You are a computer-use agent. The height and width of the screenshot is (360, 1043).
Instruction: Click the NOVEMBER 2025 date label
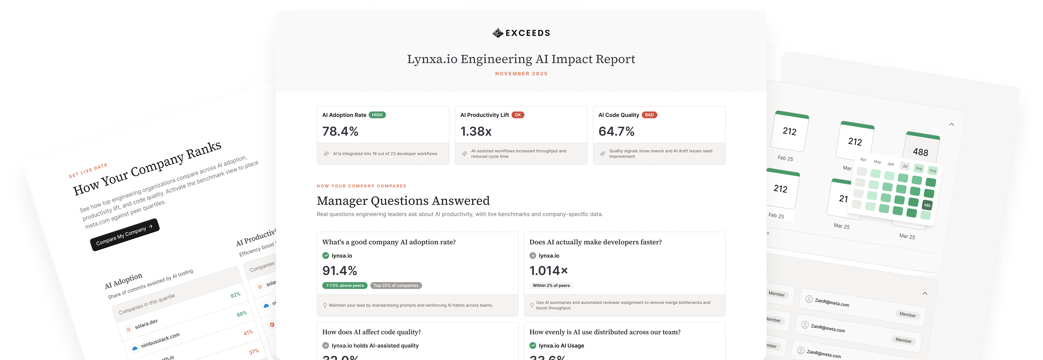pos(521,74)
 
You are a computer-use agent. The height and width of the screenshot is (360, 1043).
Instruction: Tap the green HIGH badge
pos(377,115)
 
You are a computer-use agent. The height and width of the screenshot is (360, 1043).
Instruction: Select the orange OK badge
pos(517,115)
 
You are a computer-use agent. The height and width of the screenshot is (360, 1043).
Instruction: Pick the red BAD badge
pos(649,115)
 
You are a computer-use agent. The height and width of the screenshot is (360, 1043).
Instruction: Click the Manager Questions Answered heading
pos(403,201)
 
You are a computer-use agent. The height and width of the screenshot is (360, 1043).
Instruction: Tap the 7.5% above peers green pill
pos(345,286)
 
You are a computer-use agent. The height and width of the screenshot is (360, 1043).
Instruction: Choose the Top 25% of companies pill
pos(396,286)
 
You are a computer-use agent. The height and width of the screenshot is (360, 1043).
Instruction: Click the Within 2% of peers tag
pos(551,286)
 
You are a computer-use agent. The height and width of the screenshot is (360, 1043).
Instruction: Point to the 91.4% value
pos(339,271)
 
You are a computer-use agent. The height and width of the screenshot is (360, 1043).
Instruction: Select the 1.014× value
pos(548,271)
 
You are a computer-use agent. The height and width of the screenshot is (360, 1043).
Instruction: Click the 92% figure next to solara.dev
pos(235,295)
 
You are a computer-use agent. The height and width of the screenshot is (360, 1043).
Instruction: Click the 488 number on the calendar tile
pos(920,152)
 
